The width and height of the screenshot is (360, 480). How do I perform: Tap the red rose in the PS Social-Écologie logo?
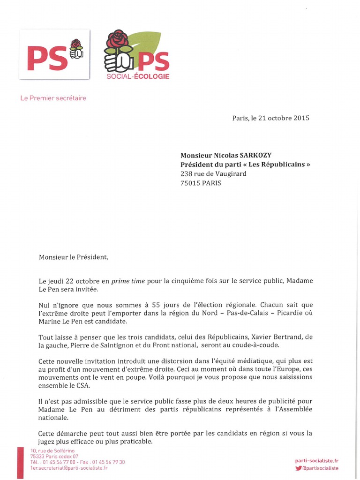tap(117, 41)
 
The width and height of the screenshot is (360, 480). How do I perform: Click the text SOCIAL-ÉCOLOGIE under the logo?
tap(138, 76)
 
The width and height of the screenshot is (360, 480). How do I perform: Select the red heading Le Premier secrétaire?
tap(53, 98)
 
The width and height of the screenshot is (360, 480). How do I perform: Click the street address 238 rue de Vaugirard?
tap(213, 173)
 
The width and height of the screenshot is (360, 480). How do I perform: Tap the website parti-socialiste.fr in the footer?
tap(316, 461)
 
